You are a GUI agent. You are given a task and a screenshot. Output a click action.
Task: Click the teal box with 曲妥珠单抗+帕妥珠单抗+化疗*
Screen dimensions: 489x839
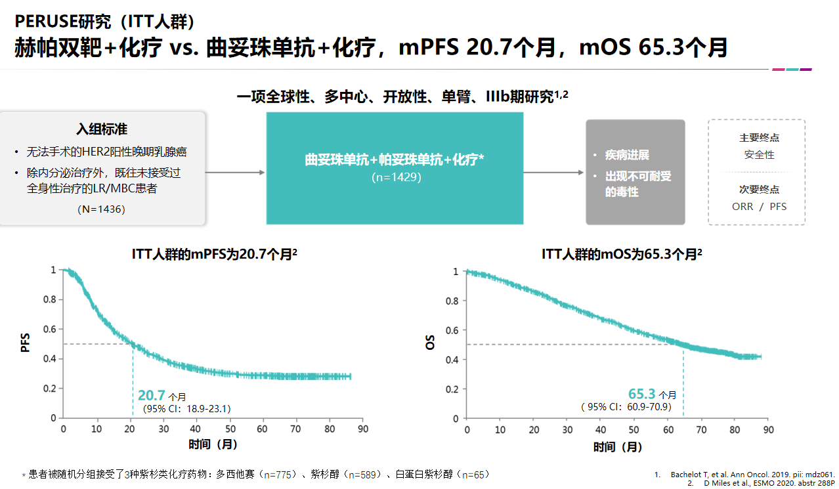click(395, 168)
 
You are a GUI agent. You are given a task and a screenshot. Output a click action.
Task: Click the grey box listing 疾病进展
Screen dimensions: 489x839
click(635, 173)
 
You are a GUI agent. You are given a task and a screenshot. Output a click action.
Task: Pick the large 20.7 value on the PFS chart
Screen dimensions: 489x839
click(151, 395)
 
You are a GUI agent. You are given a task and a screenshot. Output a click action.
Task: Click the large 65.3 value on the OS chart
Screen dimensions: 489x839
click(641, 394)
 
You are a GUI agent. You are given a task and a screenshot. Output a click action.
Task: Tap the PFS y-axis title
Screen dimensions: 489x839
click(26, 343)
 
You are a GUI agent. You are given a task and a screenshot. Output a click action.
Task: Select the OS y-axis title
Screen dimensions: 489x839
click(430, 343)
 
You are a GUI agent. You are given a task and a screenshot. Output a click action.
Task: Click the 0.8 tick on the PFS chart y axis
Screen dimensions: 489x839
click(50, 299)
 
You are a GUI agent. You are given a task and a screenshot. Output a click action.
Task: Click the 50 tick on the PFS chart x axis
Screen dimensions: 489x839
click(229, 429)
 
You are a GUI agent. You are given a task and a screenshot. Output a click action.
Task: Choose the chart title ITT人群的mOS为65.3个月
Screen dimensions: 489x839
click(620, 255)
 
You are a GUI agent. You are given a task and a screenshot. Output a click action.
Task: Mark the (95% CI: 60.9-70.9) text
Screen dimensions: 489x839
click(626, 407)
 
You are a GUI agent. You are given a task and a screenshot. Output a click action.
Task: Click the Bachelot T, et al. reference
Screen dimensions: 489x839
click(752, 474)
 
